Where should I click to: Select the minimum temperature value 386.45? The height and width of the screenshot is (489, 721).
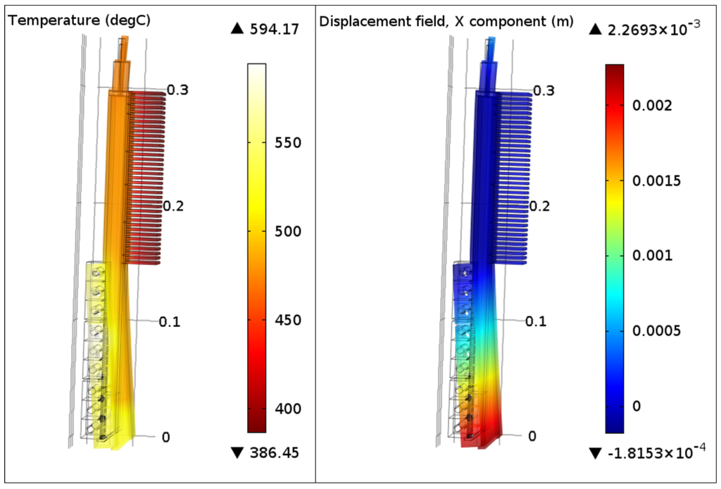[x=274, y=453]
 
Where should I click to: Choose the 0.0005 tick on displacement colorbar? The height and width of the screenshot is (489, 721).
[x=656, y=331]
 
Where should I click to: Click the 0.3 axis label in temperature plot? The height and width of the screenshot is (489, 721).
[x=179, y=90]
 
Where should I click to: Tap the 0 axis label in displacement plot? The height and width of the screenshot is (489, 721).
[x=532, y=437]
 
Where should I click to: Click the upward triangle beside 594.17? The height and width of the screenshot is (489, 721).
[x=237, y=29]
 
